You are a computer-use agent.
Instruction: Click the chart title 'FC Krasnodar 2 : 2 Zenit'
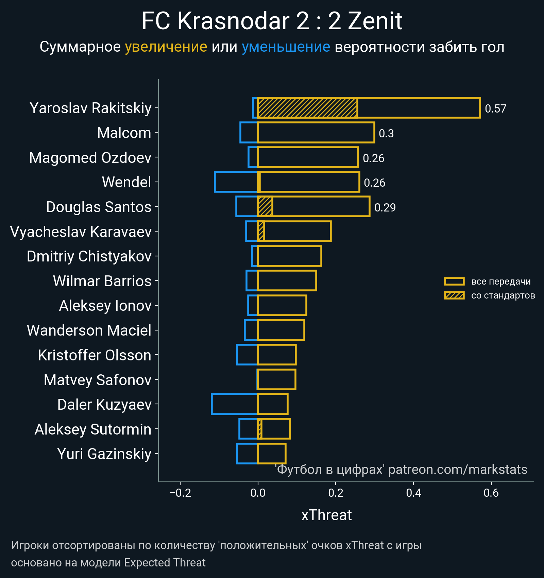(272, 21)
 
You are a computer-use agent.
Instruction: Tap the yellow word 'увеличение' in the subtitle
(166, 47)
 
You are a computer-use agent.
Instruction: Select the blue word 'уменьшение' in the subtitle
(286, 47)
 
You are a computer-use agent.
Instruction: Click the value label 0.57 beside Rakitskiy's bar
(495, 109)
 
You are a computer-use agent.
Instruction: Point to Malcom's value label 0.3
(386, 134)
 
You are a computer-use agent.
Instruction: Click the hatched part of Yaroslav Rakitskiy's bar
(307, 108)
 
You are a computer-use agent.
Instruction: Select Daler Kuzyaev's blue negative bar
(235, 404)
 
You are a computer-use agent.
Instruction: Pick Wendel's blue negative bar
(236, 182)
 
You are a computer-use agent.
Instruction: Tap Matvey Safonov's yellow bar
(276, 379)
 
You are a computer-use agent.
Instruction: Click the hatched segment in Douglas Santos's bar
(265, 207)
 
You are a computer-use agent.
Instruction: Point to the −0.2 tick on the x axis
(180, 493)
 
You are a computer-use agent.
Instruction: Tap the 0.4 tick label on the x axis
(413, 493)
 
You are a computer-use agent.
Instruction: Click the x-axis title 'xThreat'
(326, 515)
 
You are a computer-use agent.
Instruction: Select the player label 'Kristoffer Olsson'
(95, 355)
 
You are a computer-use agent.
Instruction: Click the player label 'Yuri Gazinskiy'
(104, 454)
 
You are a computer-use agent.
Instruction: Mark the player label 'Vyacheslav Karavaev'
(81, 232)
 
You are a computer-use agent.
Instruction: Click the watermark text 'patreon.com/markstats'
(458, 470)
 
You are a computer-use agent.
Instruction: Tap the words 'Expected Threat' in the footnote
(165, 563)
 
